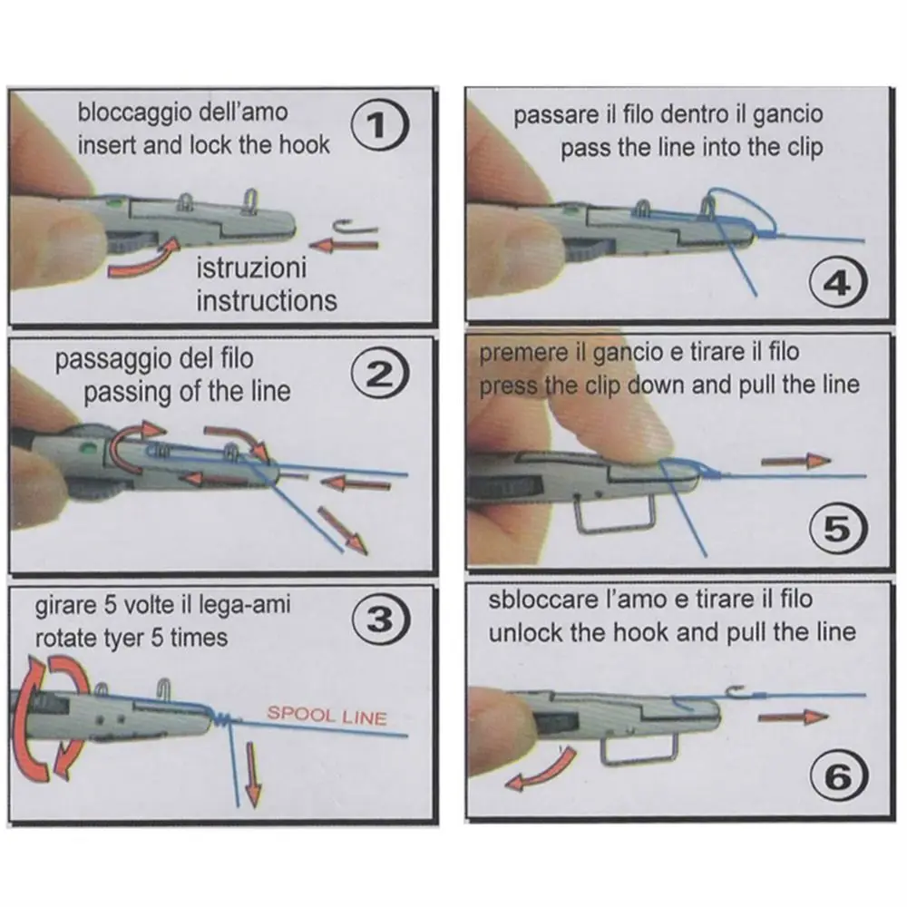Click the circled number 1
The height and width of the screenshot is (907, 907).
pyautogui.click(x=379, y=125)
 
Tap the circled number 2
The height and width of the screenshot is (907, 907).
pyautogui.click(x=380, y=375)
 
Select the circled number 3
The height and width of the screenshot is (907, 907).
pyautogui.click(x=381, y=619)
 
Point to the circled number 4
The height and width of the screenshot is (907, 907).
pyautogui.click(x=838, y=283)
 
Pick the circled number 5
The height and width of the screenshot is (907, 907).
pyautogui.click(x=838, y=529)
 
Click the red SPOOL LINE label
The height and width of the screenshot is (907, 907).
pyautogui.click(x=327, y=716)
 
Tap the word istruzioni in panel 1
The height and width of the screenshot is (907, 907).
pyautogui.click(x=251, y=268)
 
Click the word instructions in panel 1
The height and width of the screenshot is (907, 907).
pyautogui.click(x=267, y=301)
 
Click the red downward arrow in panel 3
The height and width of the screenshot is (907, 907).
pyautogui.click(x=252, y=775)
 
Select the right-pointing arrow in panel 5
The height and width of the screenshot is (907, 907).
pyautogui.click(x=796, y=461)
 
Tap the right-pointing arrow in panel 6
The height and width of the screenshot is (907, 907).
pyautogui.click(x=793, y=717)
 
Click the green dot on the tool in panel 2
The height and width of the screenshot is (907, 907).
pyautogui.click(x=89, y=446)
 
